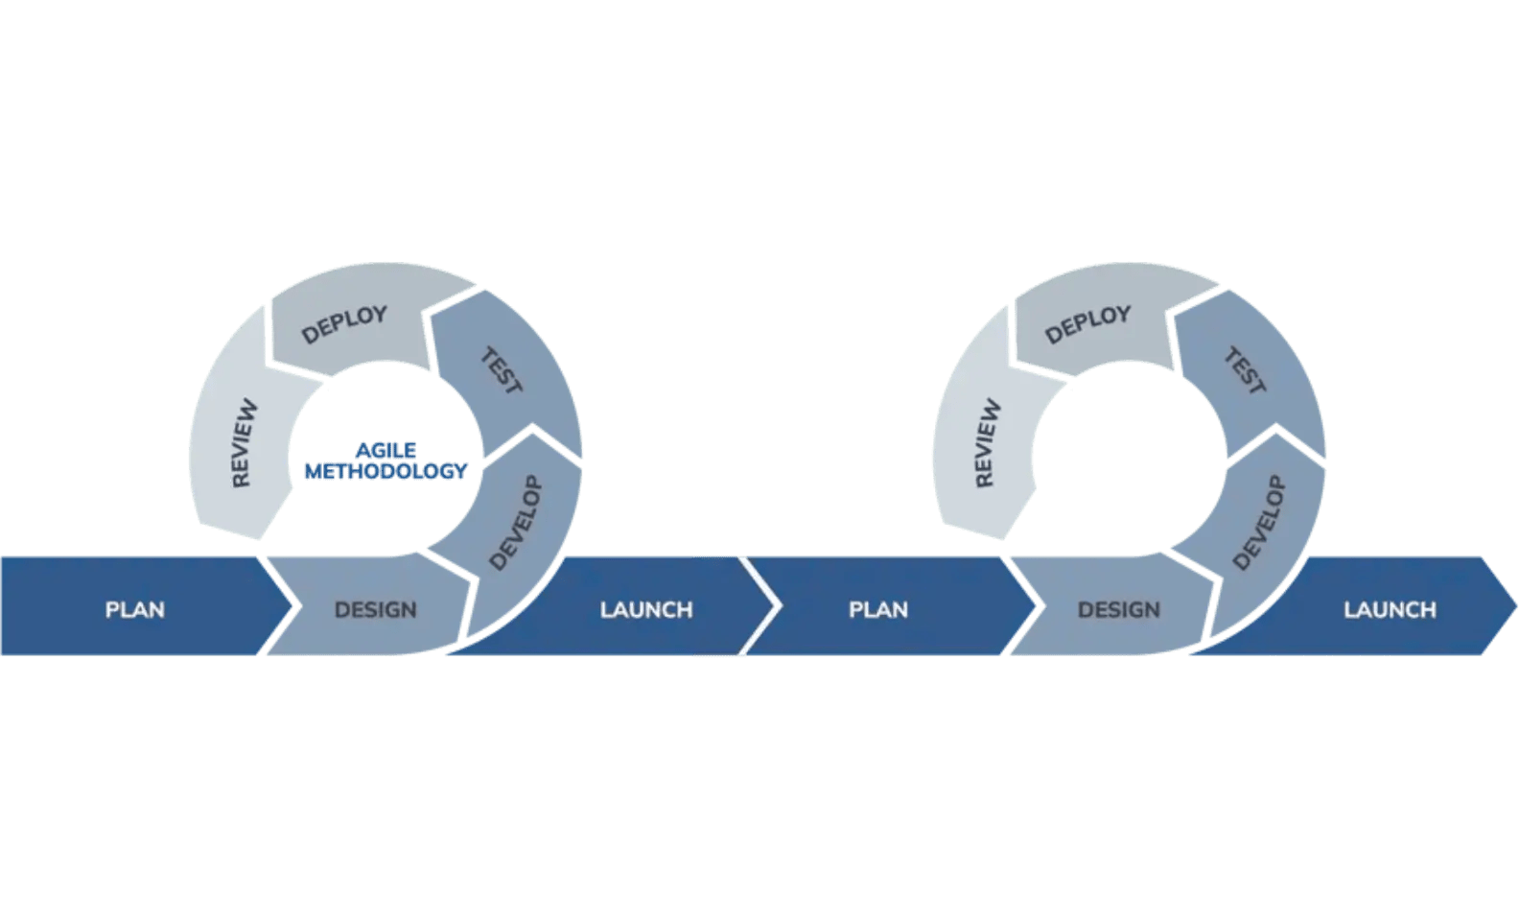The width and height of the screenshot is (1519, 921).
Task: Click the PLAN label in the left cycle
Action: [134, 610]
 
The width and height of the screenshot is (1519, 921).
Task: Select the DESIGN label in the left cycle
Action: [375, 610]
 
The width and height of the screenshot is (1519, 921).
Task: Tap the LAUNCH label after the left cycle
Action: [646, 610]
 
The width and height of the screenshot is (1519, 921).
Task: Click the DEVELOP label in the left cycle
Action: [516, 523]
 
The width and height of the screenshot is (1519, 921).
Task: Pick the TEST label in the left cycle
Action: [501, 372]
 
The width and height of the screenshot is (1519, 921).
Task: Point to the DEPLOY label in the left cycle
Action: [344, 324]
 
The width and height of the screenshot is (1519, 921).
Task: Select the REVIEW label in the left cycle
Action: [245, 442]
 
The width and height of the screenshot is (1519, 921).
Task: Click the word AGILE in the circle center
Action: [386, 450]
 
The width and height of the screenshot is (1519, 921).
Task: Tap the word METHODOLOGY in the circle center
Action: [386, 471]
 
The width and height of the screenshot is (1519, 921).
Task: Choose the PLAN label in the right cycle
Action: [877, 610]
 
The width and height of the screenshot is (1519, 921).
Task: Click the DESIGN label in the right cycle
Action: [1118, 610]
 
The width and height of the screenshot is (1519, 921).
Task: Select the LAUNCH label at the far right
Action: [1390, 610]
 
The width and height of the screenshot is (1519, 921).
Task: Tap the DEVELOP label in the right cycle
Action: [1259, 523]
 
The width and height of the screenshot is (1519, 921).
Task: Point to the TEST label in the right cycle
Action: [1245, 372]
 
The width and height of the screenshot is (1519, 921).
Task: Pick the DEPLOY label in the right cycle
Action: [1087, 324]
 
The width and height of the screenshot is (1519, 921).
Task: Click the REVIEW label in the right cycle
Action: [988, 442]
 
